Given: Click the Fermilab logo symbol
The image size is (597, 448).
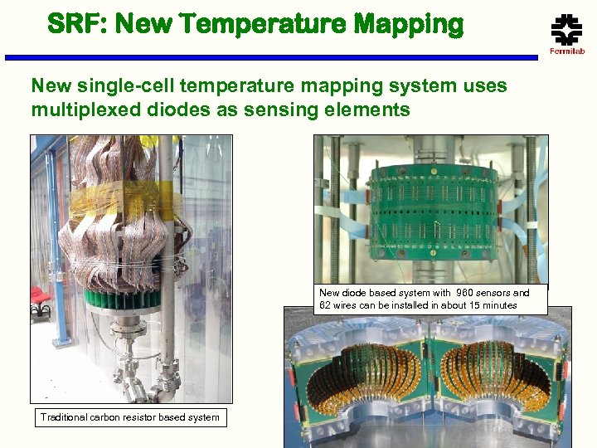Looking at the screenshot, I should (567, 31).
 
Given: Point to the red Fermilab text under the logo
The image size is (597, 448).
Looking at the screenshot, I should (567, 52).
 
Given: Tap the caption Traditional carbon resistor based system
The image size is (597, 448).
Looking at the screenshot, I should (130, 417).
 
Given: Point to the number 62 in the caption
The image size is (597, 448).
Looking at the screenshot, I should (327, 305).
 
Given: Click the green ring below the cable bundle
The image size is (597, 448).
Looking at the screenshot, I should (124, 296).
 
